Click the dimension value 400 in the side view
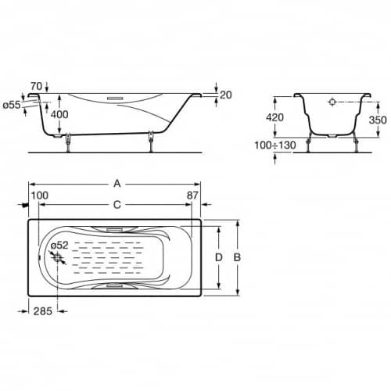[x=59, y=114]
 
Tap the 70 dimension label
[x=36, y=86]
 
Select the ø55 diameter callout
[x=12, y=105]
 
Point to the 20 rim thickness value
[x=226, y=95]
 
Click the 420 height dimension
[x=274, y=117]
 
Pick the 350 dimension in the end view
[x=378, y=120]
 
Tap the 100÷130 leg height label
[x=275, y=145]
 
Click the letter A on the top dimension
[x=117, y=184]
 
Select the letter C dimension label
[x=117, y=205]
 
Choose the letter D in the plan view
[x=218, y=257]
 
